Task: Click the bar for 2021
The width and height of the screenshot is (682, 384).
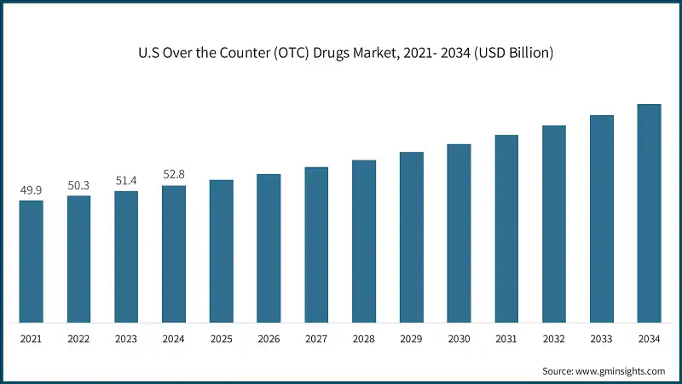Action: coord(31,262)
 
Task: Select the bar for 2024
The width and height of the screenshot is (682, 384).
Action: coord(174,254)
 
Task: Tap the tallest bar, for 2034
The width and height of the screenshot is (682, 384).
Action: coord(650,213)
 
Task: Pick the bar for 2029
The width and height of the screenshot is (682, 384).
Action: coord(412,237)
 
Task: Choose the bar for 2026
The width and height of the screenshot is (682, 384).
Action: coord(269,248)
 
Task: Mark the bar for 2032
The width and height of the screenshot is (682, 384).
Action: coord(554,224)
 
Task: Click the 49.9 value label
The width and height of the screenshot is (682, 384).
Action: coord(31,189)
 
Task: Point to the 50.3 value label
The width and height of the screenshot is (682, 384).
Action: coord(78,185)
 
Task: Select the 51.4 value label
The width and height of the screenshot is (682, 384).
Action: coord(126,180)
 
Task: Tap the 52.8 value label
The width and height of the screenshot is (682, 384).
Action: coord(174,175)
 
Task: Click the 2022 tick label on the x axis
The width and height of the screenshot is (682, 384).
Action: coord(78,339)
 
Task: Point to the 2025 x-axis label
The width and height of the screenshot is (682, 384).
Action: coord(222,339)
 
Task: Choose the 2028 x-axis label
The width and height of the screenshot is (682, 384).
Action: coord(364,339)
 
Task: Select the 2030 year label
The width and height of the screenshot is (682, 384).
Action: coord(459,339)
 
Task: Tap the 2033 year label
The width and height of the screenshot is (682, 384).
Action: coord(602,339)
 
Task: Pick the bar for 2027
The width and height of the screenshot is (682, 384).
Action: coord(316,245)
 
